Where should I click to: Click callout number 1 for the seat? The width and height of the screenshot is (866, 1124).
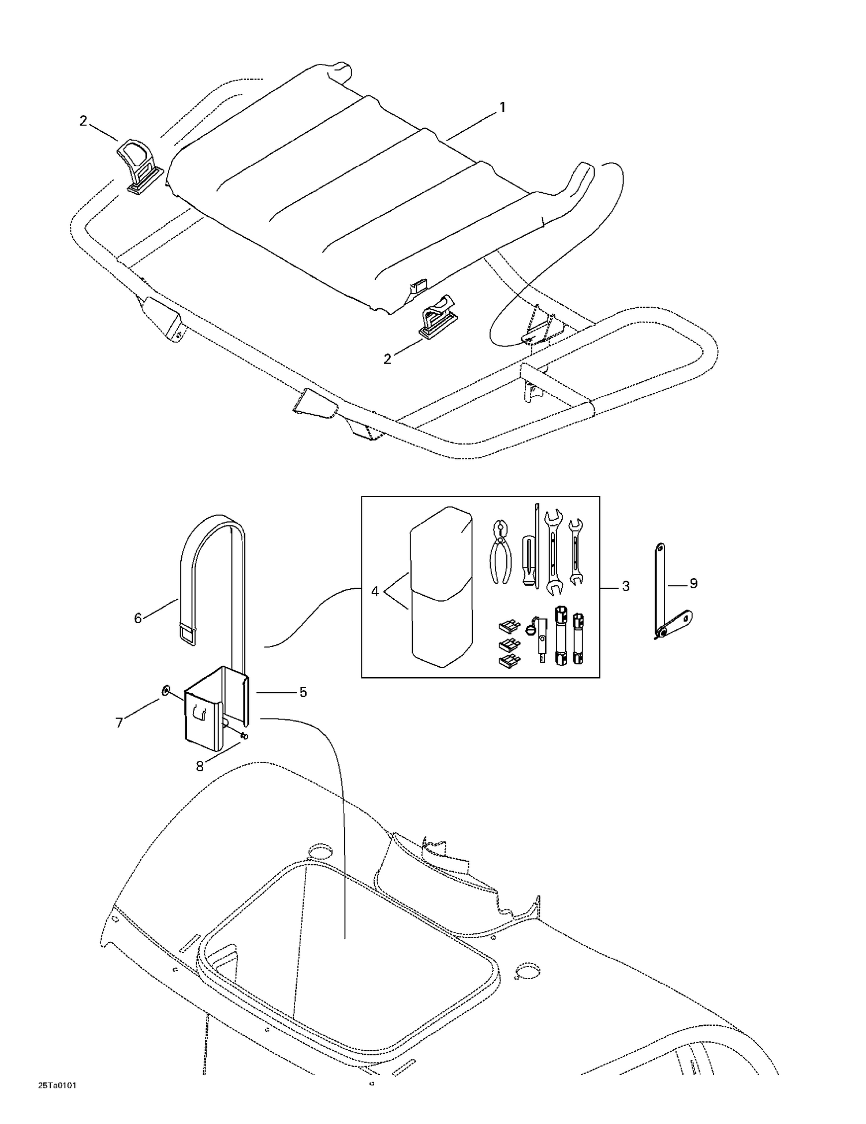click(x=502, y=107)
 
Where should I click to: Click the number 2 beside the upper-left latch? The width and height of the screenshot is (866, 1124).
click(x=84, y=121)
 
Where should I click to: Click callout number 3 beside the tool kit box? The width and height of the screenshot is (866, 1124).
click(x=625, y=587)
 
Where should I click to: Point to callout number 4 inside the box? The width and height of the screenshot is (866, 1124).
click(x=375, y=592)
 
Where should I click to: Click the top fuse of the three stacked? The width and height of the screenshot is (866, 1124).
click(x=509, y=625)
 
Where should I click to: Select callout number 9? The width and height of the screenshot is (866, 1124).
click(x=693, y=584)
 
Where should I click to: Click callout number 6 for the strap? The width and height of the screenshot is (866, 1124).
click(x=137, y=618)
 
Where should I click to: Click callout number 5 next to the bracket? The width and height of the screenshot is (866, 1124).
click(x=303, y=692)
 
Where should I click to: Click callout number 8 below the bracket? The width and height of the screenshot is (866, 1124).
click(x=200, y=766)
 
